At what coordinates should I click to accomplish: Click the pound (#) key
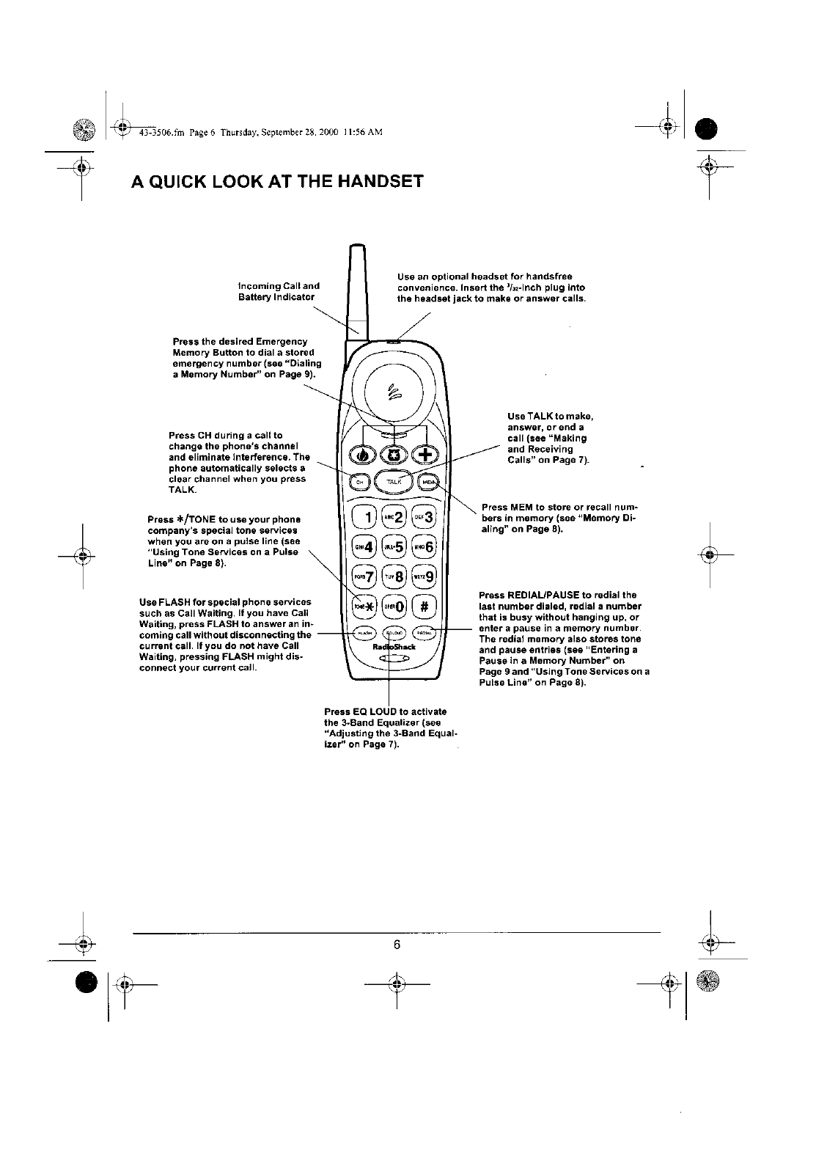click(425, 606)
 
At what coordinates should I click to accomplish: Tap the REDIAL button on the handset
click(424, 632)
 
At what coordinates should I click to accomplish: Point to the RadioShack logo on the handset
click(394, 647)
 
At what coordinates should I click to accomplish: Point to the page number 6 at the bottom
click(396, 945)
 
